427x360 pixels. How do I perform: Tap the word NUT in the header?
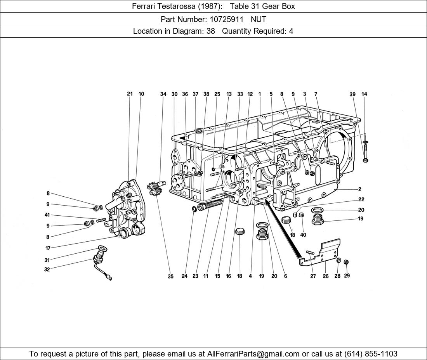[x=259, y=19]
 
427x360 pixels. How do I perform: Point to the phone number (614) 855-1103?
[x=370, y=354]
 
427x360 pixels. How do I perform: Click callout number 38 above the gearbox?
[x=206, y=94]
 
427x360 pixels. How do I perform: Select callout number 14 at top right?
[x=364, y=94]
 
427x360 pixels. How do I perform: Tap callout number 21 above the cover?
[x=130, y=94]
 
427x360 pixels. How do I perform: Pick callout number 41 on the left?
[x=47, y=215]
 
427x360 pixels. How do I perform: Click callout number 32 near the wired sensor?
[x=47, y=270]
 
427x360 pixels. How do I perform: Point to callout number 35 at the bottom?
[x=170, y=277]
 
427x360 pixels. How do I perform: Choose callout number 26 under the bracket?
[x=325, y=276]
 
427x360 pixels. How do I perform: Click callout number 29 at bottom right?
[x=347, y=275]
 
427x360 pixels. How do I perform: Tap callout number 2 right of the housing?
[x=360, y=189]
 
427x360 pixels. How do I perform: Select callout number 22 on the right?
[x=361, y=199]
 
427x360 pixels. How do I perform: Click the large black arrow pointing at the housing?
[x=282, y=229]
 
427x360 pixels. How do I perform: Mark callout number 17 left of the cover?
[x=47, y=248]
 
